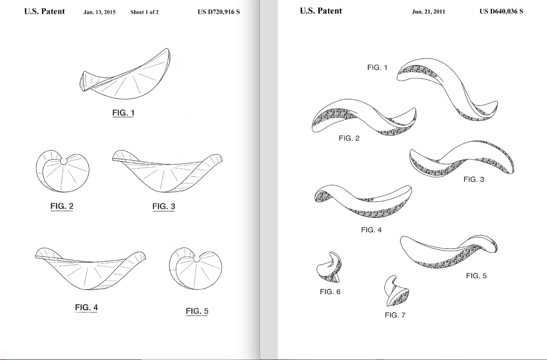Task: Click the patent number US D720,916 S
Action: [219, 12]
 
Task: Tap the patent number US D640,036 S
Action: [501, 11]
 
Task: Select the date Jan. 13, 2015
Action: [99, 12]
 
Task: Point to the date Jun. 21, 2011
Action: [428, 12]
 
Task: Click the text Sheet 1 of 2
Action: [144, 12]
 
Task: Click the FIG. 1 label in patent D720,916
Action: [123, 113]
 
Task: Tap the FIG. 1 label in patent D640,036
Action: [377, 67]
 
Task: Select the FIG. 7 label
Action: [395, 315]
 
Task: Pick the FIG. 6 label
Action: [330, 292]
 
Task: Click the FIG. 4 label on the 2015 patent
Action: [86, 308]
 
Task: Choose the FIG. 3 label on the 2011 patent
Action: [474, 179]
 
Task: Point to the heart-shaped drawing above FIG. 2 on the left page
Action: [62, 171]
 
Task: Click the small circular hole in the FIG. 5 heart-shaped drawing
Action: [197, 259]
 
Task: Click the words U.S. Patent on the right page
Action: [321, 11]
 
